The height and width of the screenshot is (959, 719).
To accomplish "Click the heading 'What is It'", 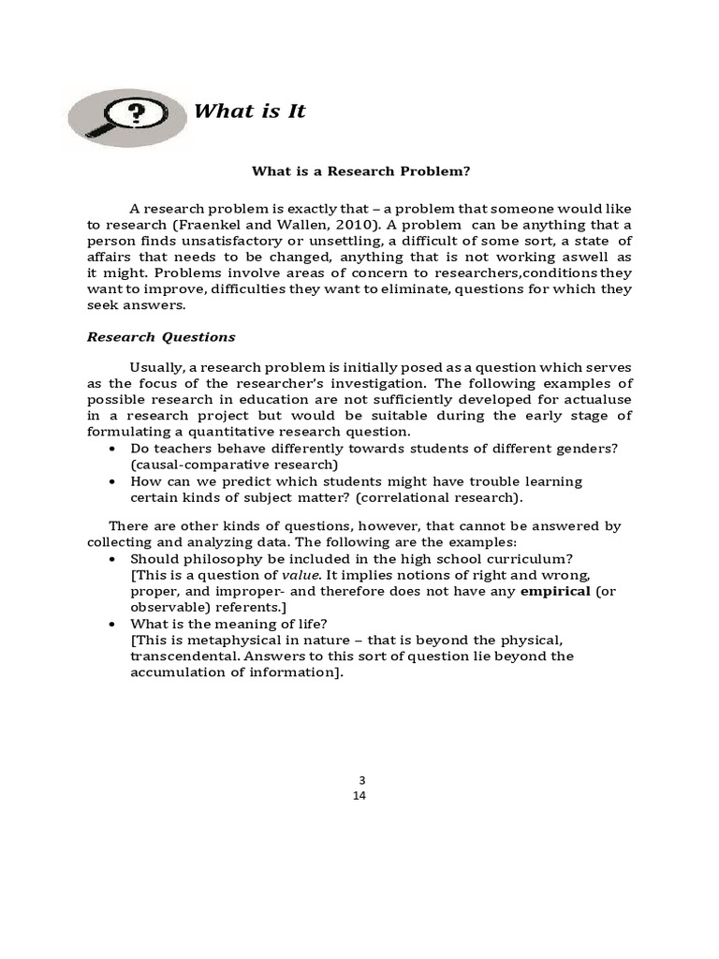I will pyautogui.click(x=249, y=112).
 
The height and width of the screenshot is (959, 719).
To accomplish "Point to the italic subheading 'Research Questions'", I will pyautogui.click(x=161, y=337).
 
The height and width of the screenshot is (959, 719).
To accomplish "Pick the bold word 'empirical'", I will pyautogui.click(x=555, y=591).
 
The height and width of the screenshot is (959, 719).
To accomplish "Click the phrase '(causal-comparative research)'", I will pyautogui.click(x=234, y=465).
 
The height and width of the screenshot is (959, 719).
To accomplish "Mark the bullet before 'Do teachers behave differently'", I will pyautogui.click(x=113, y=450).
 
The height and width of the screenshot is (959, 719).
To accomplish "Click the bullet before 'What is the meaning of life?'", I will pyautogui.click(x=113, y=625).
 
